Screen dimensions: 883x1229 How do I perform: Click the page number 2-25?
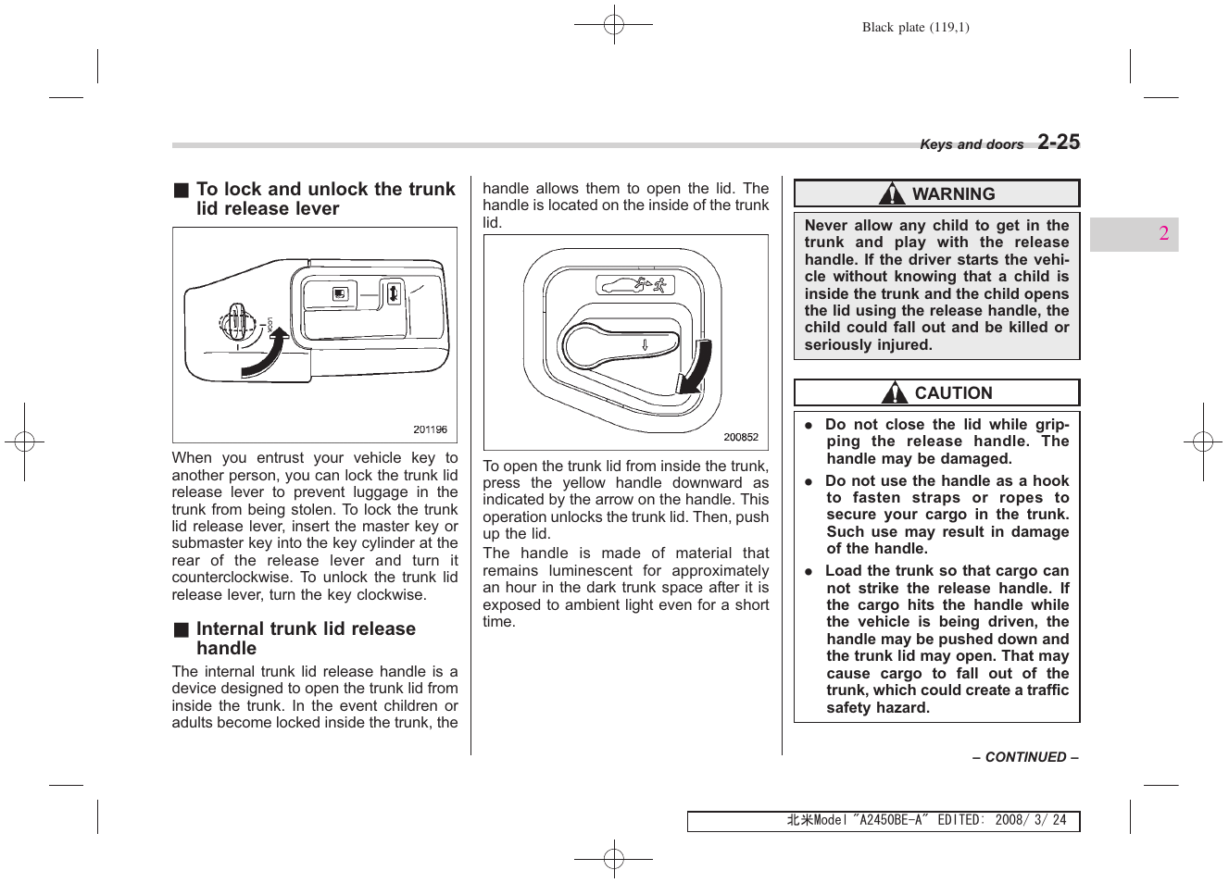click(1058, 142)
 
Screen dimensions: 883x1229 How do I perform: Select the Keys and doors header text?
click(971, 144)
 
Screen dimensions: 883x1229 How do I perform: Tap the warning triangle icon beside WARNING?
click(891, 193)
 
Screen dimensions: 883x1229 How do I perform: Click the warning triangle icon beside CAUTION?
click(894, 393)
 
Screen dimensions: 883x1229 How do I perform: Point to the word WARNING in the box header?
click(953, 194)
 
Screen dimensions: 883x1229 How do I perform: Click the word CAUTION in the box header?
click(953, 393)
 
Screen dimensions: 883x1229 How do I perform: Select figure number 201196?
click(430, 429)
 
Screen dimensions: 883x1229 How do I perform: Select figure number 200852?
click(741, 437)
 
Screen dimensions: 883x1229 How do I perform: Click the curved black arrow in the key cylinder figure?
click(265, 356)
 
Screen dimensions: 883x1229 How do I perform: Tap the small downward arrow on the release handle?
click(646, 345)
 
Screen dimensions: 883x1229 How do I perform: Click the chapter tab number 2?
click(1163, 233)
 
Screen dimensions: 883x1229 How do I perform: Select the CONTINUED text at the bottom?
click(1024, 757)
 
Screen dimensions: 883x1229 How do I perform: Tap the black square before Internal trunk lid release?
click(182, 629)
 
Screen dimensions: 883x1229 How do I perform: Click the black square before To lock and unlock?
click(182, 190)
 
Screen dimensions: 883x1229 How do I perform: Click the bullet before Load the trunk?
click(809, 572)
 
